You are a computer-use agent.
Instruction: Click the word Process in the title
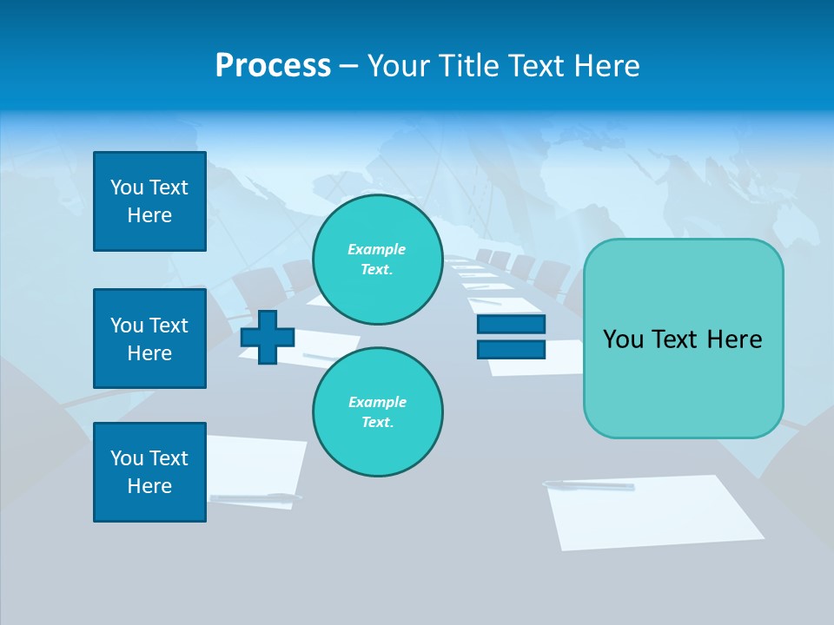(x=273, y=66)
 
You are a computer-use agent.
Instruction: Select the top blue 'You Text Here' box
(x=149, y=201)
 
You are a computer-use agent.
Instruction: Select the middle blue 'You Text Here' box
(x=149, y=339)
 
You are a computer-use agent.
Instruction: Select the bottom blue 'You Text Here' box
(x=149, y=472)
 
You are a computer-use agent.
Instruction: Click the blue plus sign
(x=268, y=337)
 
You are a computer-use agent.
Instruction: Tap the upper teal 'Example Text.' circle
(x=377, y=260)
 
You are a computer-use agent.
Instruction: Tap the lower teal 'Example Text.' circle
(x=377, y=412)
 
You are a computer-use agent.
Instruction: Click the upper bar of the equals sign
(x=511, y=325)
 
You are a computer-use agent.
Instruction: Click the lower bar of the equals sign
(x=511, y=349)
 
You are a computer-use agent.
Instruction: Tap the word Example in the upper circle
(x=376, y=249)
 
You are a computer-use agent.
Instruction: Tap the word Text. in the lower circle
(x=377, y=423)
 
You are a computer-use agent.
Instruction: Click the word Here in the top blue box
(x=149, y=215)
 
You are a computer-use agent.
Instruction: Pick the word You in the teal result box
(x=622, y=339)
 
